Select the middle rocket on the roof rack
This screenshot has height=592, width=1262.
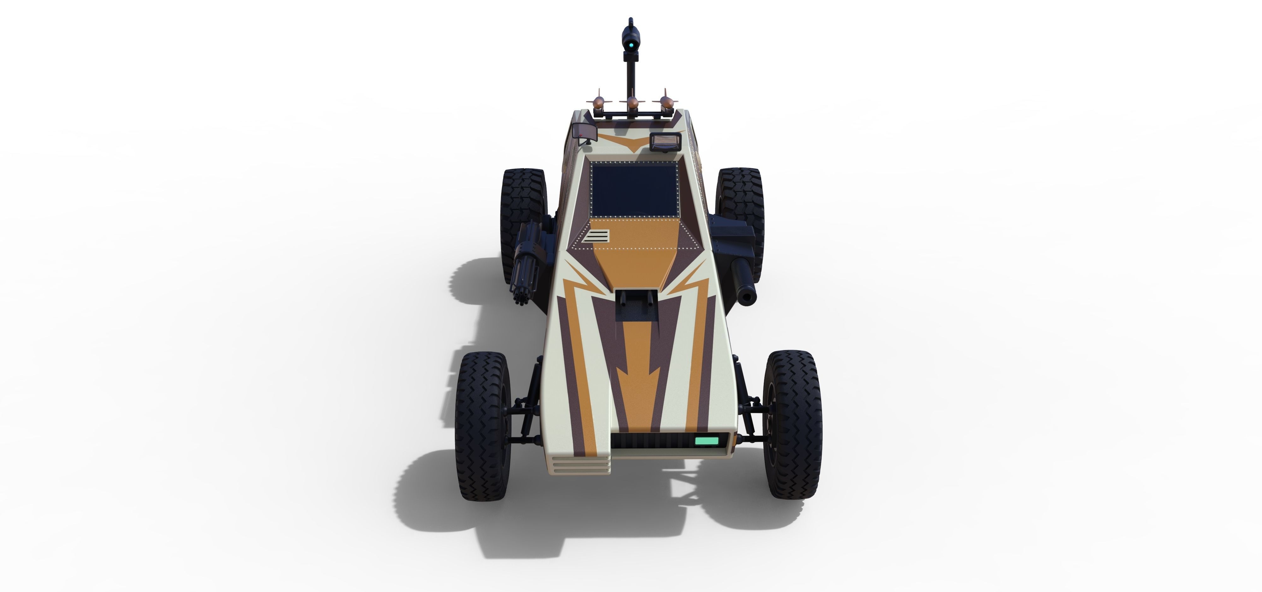click(x=633, y=103)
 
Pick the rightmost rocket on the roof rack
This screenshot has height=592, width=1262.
click(x=665, y=102)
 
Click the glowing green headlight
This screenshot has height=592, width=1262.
click(x=706, y=440)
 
